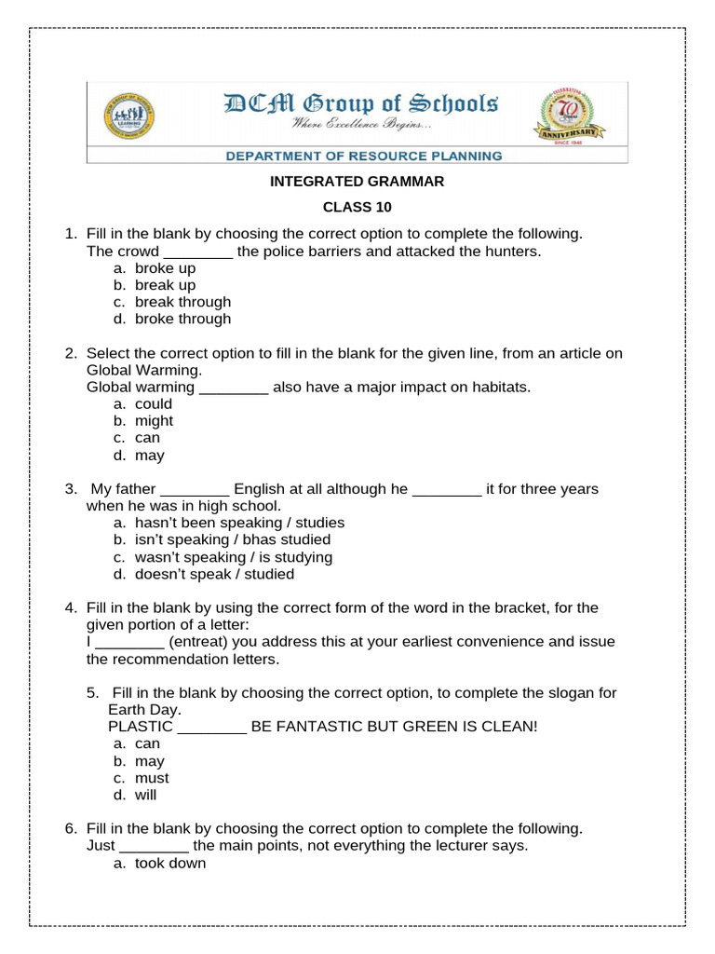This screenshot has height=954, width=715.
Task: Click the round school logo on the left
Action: coord(128,117)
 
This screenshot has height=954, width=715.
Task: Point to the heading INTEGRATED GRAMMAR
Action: coord(357,182)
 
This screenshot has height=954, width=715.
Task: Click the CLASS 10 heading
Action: coord(357,207)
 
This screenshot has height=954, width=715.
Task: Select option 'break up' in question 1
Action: coord(165,285)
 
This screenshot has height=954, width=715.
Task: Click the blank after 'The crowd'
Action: coord(198,252)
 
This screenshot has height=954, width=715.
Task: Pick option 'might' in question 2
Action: coord(154,421)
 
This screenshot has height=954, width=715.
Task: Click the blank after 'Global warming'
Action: coord(234,388)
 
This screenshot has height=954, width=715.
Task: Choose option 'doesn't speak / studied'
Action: coord(214,574)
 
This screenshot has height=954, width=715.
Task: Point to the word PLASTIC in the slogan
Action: coord(141,727)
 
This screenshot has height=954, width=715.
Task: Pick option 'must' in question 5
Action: coord(152,778)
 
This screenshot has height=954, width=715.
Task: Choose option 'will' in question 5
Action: coord(146,795)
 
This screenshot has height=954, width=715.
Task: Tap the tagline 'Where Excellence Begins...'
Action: coord(361,125)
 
